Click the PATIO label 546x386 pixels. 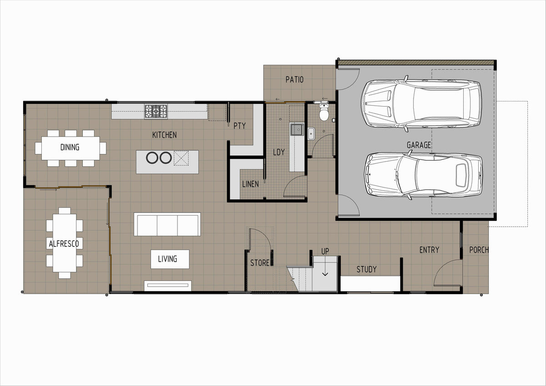pyautogui.click(x=294, y=80)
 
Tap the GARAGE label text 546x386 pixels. pyautogui.click(x=419, y=145)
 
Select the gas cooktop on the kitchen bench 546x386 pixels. pyautogui.click(x=156, y=111)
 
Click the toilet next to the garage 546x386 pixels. pyautogui.click(x=324, y=112)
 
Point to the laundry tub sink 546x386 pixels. pyautogui.click(x=297, y=129)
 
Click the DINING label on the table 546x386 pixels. pyautogui.click(x=70, y=147)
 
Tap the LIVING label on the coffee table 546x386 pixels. pyautogui.click(x=167, y=259)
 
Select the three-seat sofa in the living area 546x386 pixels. pyautogui.click(x=167, y=224)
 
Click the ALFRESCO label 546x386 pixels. pyautogui.click(x=64, y=244)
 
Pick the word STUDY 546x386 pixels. pyautogui.click(x=366, y=269)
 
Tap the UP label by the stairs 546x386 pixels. pyautogui.click(x=325, y=251)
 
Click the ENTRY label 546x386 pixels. pyautogui.click(x=429, y=250)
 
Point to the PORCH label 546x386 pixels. pyautogui.click(x=479, y=250)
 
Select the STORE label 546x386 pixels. pyautogui.click(x=260, y=263)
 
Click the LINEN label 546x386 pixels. pyautogui.click(x=250, y=184)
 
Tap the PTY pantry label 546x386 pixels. pyautogui.click(x=239, y=126)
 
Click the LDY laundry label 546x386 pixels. pyautogui.click(x=278, y=152)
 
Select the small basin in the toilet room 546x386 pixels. pyautogui.click(x=311, y=134)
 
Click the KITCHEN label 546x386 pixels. pyautogui.click(x=164, y=135)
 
